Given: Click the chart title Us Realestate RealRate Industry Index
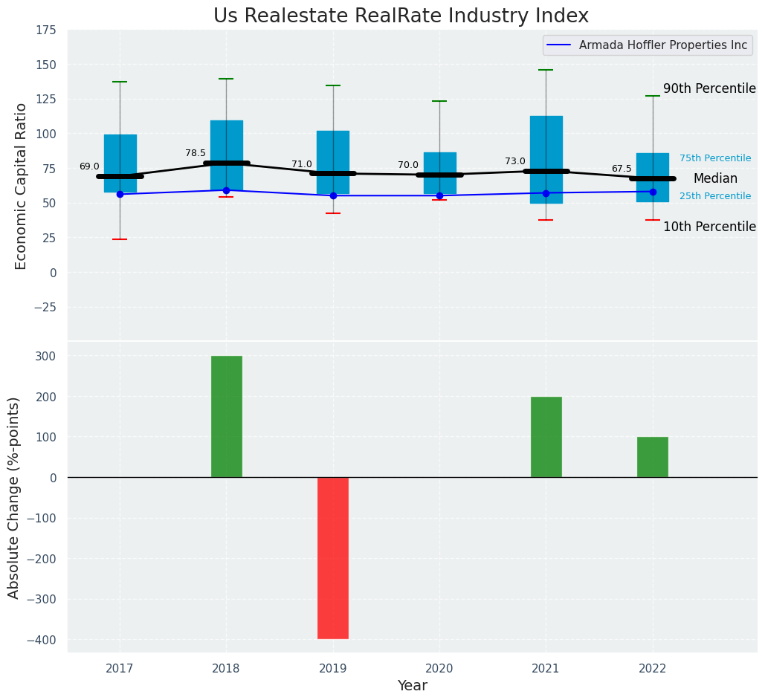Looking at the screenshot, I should (401, 16).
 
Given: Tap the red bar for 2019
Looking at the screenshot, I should (333, 557).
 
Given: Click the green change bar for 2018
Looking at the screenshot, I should (227, 416).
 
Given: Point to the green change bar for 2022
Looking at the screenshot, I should (653, 457).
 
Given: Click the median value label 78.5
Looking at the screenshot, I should (196, 153).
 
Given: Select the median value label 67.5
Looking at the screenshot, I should (622, 169).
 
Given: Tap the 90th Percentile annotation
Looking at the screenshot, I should (709, 88).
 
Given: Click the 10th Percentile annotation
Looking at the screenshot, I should (709, 227).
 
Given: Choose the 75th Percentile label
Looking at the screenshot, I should (715, 158).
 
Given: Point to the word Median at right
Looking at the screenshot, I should (715, 178).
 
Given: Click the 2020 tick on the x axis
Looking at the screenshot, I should (439, 668).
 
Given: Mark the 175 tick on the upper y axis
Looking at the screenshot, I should (46, 30).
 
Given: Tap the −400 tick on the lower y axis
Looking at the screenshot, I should (43, 640).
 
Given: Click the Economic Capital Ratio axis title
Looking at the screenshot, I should (22, 186).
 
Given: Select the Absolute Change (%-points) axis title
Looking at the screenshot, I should (14, 497).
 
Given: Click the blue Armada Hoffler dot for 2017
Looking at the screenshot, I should (120, 194).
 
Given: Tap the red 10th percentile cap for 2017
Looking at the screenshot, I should (120, 239).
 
